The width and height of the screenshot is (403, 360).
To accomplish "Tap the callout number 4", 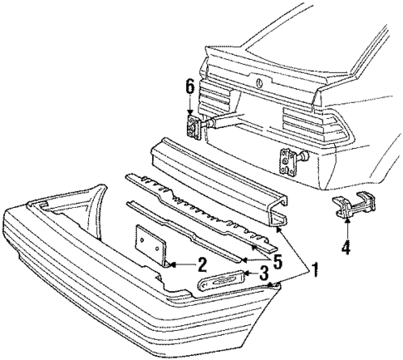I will (x=346, y=246).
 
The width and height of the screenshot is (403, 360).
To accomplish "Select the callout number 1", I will (x=313, y=270).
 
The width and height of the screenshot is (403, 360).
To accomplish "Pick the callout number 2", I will (x=201, y=265).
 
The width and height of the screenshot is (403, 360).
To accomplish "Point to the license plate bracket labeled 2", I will (x=152, y=244).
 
